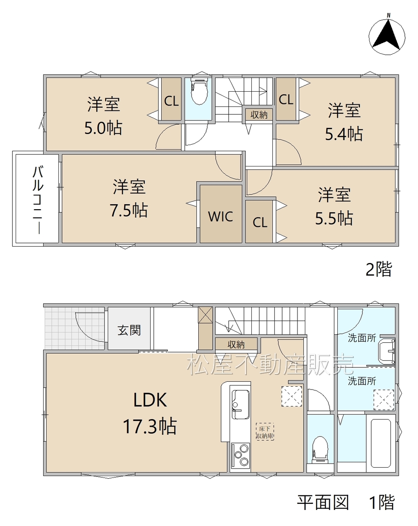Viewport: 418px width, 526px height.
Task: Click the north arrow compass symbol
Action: (387, 35)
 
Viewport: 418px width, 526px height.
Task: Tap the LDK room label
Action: (150, 400)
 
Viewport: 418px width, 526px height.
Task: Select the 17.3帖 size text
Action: (149, 427)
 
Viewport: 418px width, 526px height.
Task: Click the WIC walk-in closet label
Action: (221, 216)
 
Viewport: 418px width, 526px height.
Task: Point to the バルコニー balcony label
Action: (38, 200)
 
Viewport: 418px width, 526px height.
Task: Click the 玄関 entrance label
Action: (129, 330)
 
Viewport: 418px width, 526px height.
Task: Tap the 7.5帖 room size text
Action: (128, 210)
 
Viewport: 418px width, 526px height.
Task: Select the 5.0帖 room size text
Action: (103, 128)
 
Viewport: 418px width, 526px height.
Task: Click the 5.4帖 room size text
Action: (344, 134)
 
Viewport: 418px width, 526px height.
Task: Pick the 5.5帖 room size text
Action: (334, 218)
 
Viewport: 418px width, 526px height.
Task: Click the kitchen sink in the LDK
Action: (241, 404)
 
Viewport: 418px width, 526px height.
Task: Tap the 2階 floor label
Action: (379, 269)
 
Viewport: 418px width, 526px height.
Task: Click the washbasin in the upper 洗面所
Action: (386, 351)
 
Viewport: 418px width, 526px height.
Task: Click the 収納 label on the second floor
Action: (259, 115)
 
